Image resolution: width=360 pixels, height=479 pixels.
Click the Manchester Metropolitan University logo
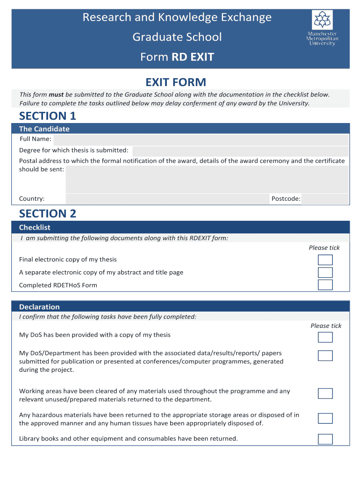tap(323, 28)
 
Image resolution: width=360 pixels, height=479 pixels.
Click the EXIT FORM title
tap(176, 82)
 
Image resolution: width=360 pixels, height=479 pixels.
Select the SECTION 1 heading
tap(47, 116)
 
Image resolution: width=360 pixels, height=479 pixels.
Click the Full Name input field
tap(201, 139)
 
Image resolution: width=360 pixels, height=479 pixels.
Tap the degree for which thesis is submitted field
tap(240, 151)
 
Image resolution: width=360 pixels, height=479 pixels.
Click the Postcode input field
tap(325, 199)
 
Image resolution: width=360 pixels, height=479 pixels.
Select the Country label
tap(32, 199)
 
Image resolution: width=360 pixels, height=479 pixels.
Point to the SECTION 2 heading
tap(47, 213)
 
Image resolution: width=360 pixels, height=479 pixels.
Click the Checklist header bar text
tap(35, 227)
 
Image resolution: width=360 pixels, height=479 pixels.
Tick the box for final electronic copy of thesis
tap(325, 260)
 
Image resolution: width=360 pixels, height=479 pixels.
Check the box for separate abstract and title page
tap(325, 273)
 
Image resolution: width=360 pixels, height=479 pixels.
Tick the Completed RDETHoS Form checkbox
tap(325, 285)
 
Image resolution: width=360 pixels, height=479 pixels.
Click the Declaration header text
tap(39, 307)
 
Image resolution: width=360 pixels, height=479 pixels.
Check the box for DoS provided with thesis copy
tap(325, 337)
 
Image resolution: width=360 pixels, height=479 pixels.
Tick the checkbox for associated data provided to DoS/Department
tap(325, 356)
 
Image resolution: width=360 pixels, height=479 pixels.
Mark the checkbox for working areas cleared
tap(325, 393)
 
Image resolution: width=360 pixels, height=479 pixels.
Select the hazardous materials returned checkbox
tap(325, 418)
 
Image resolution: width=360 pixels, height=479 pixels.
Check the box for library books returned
tap(325, 439)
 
